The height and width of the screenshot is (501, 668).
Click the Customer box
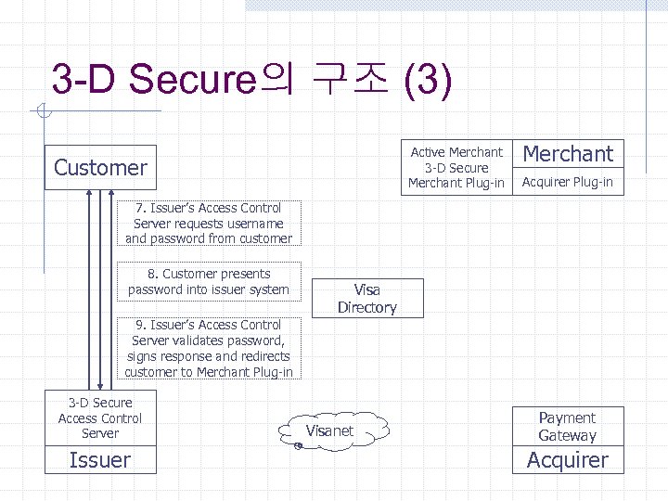click(100, 168)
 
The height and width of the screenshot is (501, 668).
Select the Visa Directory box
click(366, 299)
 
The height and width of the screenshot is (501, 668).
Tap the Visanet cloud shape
click(329, 430)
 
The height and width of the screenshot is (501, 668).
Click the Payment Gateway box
click(567, 427)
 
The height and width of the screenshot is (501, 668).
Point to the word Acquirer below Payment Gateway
click(567, 459)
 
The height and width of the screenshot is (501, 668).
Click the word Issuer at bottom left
click(100, 459)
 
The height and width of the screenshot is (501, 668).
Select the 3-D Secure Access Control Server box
click(100, 417)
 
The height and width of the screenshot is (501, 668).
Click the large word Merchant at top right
click(569, 154)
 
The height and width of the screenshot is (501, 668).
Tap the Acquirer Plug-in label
click(567, 182)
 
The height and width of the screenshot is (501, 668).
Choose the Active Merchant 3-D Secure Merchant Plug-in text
click(456, 167)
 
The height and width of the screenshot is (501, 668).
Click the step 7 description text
click(209, 224)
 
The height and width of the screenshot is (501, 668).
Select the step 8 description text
click(209, 282)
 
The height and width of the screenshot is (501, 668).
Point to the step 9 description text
click(209, 349)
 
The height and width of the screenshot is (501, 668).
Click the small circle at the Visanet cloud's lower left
click(296, 446)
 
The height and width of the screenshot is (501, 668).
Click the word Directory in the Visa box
click(366, 307)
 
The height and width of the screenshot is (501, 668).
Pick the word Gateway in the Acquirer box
click(567, 435)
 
